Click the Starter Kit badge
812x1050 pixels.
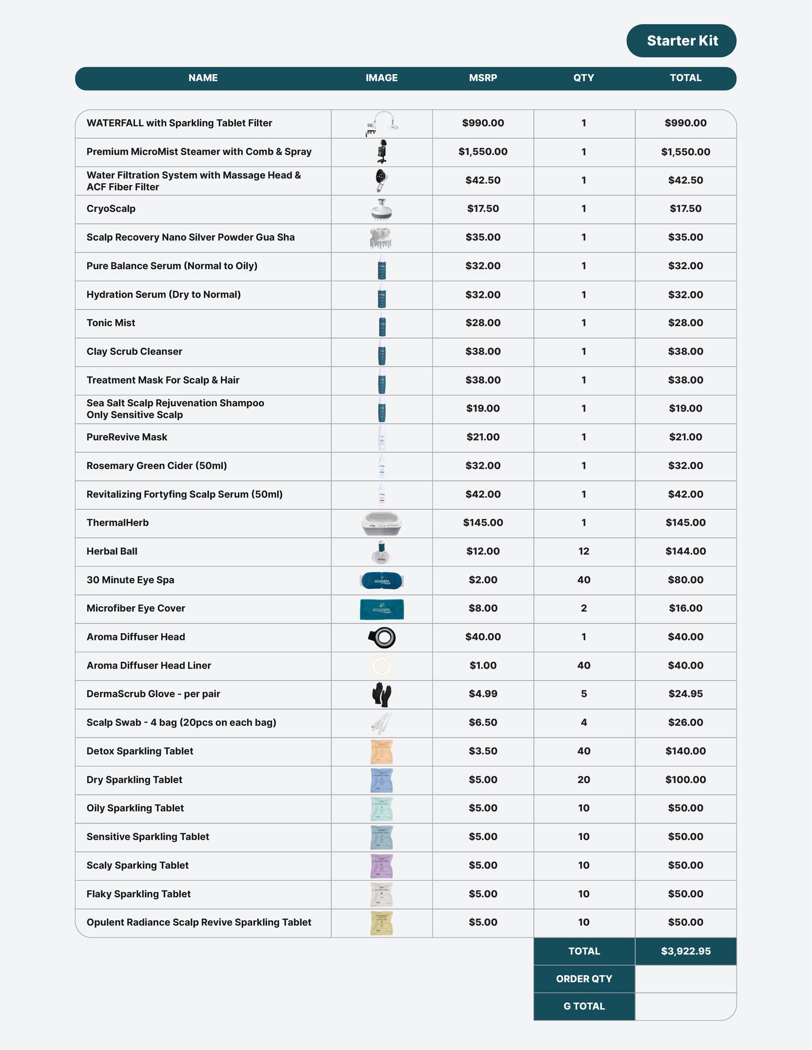(681, 40)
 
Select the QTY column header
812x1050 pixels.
(583, 78)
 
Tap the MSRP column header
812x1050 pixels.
(483, 78)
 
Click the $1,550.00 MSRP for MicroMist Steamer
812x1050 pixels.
(483, 152)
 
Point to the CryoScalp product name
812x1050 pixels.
(111, 209)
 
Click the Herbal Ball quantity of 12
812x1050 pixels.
(583, 552)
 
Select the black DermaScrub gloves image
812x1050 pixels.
(382, 694)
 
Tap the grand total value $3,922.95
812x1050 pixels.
(686, 951)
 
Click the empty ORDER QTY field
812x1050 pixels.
(686, 979)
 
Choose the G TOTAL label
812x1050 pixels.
(584, 1006)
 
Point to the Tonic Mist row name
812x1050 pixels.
(111, 323)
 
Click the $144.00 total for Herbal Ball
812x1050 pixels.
(686, 552)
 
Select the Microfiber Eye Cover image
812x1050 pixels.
(382, 609)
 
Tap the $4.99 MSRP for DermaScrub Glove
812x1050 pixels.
(483, 694)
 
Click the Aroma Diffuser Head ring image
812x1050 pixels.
(382, 637)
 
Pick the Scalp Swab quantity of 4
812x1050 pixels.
(583, 722)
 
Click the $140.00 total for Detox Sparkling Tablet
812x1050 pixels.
(686, 751)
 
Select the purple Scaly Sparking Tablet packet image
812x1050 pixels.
(382, 866)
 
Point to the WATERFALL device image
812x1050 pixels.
(382, 124)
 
